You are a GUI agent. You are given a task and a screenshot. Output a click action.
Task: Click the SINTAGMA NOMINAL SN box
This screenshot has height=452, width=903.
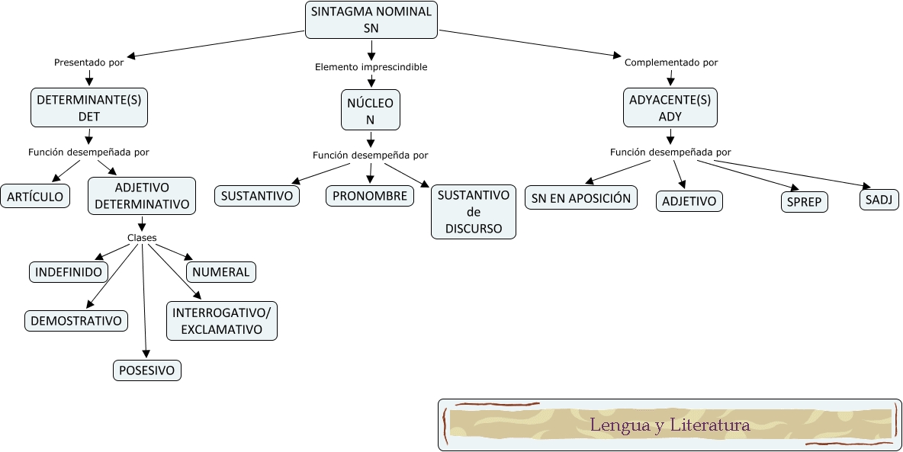pos(371,20)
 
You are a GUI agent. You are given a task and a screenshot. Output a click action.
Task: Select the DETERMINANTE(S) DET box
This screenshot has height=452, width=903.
pos(89,107)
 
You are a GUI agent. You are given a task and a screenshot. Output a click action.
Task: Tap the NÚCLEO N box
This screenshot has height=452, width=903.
pos(370,111)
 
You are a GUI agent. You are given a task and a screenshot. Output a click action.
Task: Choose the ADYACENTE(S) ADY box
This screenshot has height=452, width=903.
pos(670,107)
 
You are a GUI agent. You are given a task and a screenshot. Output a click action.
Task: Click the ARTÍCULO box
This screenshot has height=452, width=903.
pos(35,196)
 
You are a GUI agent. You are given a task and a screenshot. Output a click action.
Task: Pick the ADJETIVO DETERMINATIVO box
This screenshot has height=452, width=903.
pos(142,196)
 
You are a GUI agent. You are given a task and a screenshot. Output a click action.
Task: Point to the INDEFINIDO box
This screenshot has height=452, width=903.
pos(69,272)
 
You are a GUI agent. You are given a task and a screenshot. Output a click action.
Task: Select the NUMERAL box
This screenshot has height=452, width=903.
pos(220,272)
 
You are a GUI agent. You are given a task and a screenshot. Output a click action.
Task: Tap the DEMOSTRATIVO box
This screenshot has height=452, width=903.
pos(76,321)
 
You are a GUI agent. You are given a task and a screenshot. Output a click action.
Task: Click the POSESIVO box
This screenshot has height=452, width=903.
pos(147,370)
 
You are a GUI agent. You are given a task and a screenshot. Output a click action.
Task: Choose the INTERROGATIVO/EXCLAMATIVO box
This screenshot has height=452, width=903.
pos(221,322)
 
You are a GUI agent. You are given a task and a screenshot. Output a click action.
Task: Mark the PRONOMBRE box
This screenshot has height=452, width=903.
pos(370,196)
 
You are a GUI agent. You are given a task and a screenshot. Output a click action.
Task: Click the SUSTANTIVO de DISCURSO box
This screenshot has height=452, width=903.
pos(474,212)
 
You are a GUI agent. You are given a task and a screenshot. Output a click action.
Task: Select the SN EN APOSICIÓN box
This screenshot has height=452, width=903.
pos(581,198)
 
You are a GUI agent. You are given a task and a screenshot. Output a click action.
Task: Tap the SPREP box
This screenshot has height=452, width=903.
pos(804,202)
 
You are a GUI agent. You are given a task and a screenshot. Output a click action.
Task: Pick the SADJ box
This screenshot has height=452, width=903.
pos(879,200)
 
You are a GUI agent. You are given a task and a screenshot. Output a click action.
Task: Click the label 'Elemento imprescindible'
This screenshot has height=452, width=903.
pos(371,67)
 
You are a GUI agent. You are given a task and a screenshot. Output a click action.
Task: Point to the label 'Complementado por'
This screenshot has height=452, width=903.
pos(671,63)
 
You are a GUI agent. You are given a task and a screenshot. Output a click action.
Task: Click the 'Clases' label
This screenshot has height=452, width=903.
pos(142,238)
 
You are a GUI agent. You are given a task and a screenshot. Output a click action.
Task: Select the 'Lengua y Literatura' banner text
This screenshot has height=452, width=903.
pos(670,425)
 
